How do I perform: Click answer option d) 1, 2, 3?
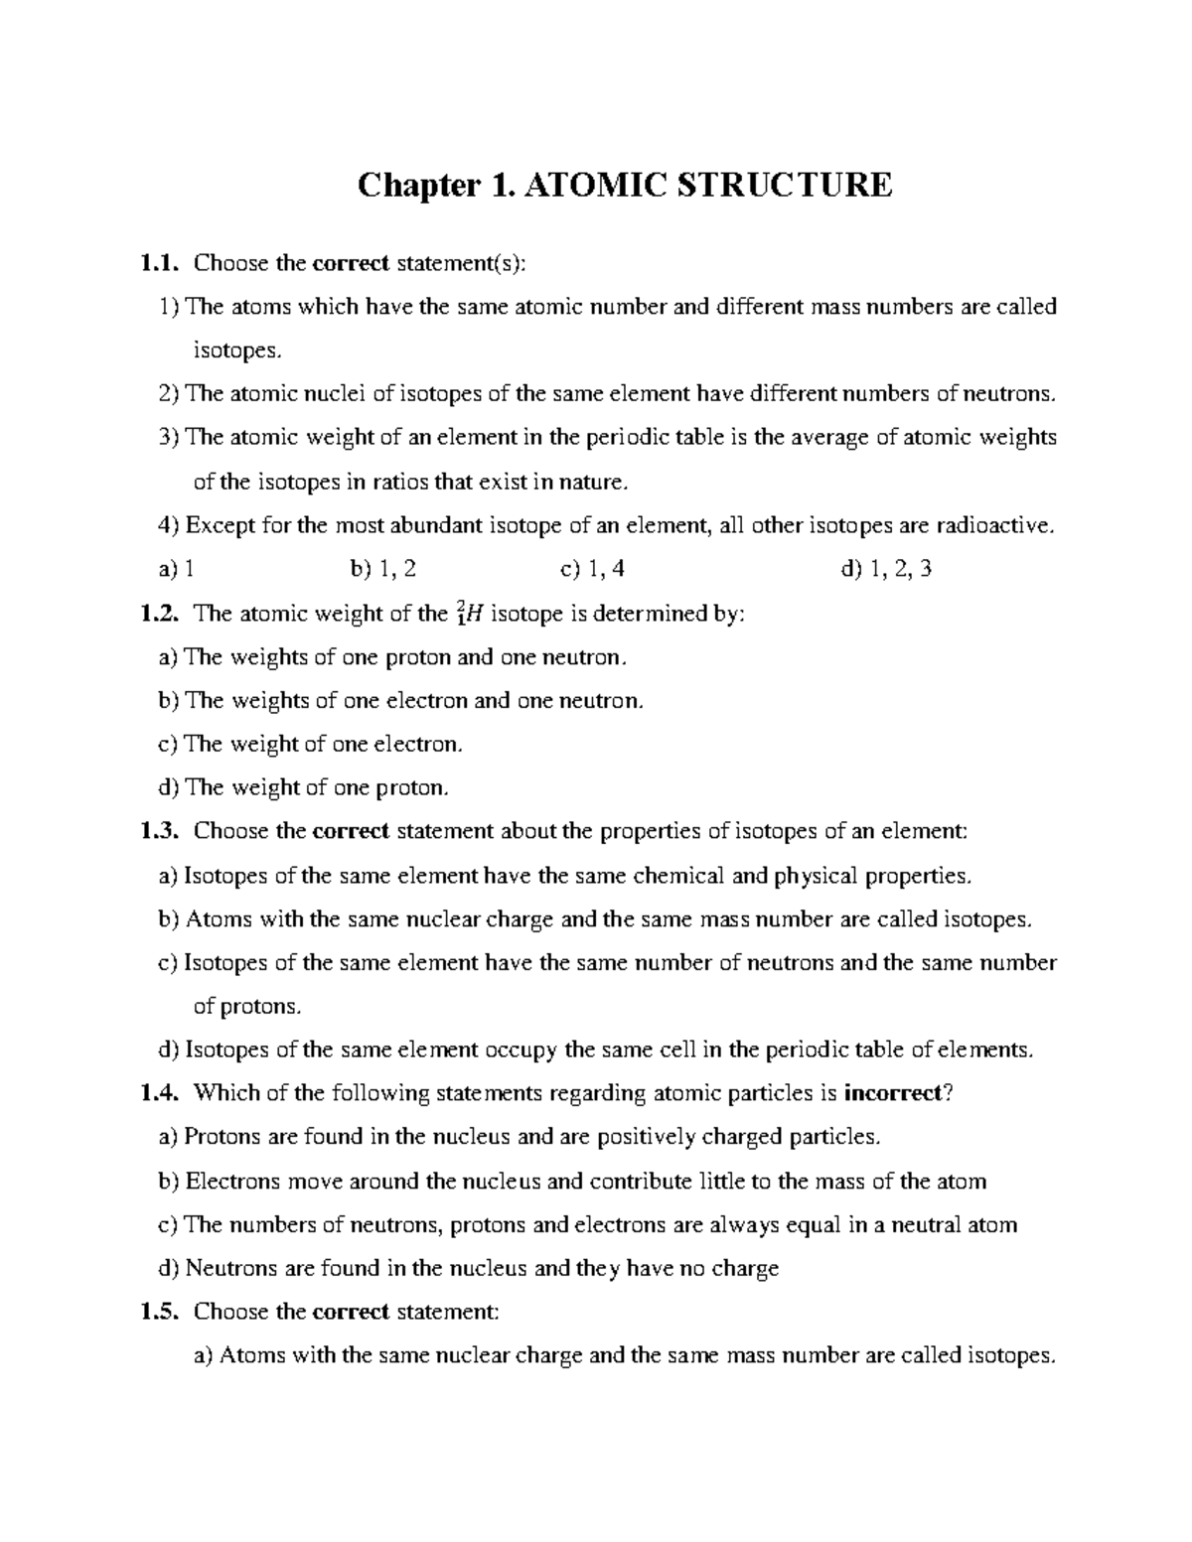(885, 569)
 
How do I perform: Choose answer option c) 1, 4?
(593, 569)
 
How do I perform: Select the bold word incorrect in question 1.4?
(891, 1093)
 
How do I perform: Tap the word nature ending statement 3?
(595, 482)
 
